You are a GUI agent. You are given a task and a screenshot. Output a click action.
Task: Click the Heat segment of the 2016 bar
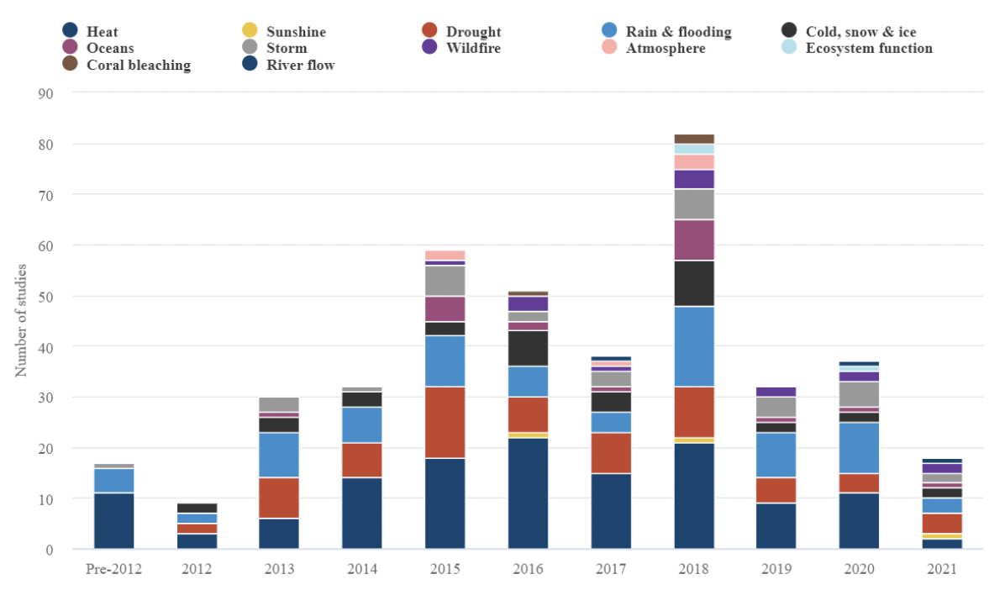point(528,493)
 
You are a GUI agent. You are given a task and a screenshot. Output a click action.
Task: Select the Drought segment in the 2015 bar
point(445,422)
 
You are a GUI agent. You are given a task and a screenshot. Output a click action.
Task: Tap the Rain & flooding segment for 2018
point(693,346)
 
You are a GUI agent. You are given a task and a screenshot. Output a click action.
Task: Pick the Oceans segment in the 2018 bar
point(693,240)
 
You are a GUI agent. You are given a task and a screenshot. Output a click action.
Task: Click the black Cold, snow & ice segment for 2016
point(528,348)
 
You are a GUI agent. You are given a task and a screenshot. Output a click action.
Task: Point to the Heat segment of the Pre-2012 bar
point(114,521)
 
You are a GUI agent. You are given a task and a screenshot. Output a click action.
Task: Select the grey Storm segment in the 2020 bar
point(858,394)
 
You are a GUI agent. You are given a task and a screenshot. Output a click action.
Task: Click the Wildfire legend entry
point(473,48)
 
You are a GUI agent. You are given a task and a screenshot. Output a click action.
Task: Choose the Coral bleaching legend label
point(139,65)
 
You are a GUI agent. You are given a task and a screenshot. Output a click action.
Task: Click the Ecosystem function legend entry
point(869,48)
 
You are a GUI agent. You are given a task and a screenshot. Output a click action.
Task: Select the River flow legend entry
point(300,65)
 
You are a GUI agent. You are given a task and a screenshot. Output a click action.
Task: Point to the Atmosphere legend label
point(665,48)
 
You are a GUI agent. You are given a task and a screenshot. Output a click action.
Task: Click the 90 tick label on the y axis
point(45,93)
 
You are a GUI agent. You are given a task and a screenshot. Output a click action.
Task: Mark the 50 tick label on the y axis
point(45,297)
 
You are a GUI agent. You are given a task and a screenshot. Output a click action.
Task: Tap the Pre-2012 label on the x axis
point(114,569)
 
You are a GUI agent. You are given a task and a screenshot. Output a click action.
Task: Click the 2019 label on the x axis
point(776,569)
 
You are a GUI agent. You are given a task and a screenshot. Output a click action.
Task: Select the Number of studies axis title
point(21,320)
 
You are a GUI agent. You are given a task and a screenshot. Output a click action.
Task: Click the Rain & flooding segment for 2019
point(776,455)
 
